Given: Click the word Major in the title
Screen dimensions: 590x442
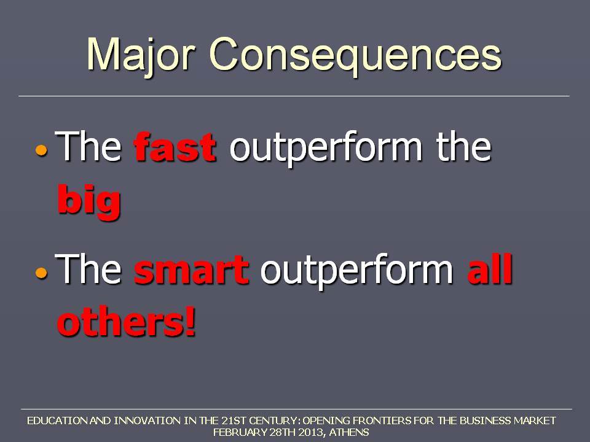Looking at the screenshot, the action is click(x=141, y=56).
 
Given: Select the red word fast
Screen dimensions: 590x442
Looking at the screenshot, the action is click(x=175, y=147).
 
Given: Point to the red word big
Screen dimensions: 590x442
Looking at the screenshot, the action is click(x=88, y=201).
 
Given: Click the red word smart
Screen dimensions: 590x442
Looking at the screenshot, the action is click(x=191, y=269).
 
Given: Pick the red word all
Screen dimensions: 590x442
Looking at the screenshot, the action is click(x=490, y=268).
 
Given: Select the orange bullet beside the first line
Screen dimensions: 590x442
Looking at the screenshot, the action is click(x=42, y=150).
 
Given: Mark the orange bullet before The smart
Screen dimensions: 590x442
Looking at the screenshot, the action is click(x=42, y=273).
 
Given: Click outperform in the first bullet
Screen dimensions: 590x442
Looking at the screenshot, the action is click(x=326, y=149).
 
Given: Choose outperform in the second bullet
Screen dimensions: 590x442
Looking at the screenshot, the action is click(x=356, y=271).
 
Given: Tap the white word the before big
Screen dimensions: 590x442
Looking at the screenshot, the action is click(x=463, y=146).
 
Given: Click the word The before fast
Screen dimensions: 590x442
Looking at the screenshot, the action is click(x=88, y=146).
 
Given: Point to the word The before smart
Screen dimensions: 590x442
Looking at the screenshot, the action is click(x=88, y=268).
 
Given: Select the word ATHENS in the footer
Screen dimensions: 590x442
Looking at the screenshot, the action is click(x=349, y=432).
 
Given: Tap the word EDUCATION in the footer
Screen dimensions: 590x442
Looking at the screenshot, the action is click(x=57, y=421).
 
